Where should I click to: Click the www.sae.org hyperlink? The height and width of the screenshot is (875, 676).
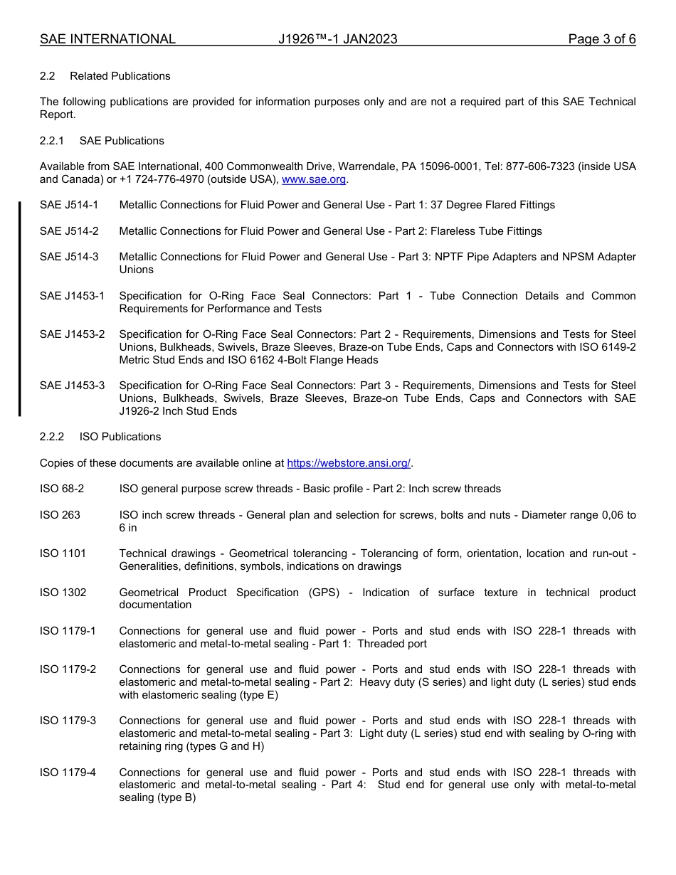(314, 179)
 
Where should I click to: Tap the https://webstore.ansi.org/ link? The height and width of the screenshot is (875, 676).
(349, 463)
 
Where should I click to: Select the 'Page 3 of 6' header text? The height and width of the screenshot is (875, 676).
(601, 39)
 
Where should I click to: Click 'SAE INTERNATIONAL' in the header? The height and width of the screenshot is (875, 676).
(107, 39)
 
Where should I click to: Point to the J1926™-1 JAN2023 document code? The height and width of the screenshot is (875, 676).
(337, 39)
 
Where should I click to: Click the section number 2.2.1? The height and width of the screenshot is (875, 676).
(52, 141)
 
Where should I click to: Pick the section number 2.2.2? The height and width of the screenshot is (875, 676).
(52, 437)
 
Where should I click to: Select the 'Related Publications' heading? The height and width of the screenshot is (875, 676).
(120, 76)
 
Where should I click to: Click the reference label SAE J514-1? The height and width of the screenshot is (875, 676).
(69, 205)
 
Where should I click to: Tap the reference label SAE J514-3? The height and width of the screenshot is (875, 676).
(69, 257)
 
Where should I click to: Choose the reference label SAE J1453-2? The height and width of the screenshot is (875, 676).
(72, 334)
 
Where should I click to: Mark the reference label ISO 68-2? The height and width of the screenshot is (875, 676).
(62, 489)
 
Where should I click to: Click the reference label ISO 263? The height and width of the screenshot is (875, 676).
(60, 515)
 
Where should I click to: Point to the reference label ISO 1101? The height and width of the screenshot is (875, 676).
(63, 553)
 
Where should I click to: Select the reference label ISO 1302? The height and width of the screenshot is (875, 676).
(63, 593)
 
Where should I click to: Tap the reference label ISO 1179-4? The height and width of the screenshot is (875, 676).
(68, 773)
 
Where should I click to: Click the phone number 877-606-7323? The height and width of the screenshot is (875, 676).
(564, 166)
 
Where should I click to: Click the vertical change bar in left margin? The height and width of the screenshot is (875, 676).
(20, 308)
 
